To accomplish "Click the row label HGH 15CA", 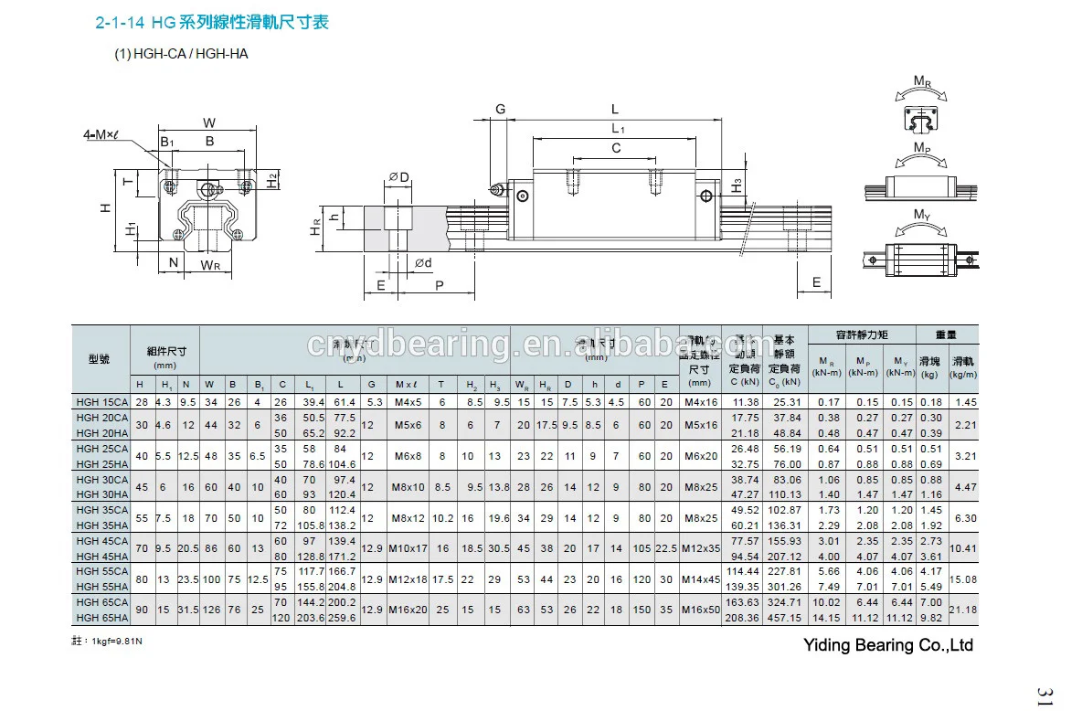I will (101, 402).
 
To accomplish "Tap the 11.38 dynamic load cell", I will (746, 402).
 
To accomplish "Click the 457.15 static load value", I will (786, 618).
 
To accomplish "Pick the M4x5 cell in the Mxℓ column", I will (406, 402).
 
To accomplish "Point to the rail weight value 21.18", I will (964, 609).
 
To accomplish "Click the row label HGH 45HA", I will (101, 556).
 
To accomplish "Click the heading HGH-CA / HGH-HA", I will (181, 54).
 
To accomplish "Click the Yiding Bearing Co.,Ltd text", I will (887, 645).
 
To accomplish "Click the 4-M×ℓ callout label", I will (102, 135).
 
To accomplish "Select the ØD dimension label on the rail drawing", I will (398, 175).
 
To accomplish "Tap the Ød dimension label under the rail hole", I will (424, 263).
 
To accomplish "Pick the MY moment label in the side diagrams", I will (923, 215).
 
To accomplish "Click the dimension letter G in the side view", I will (501, 109).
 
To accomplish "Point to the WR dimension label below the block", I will (210, 266).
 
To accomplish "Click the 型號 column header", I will (100, 359).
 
